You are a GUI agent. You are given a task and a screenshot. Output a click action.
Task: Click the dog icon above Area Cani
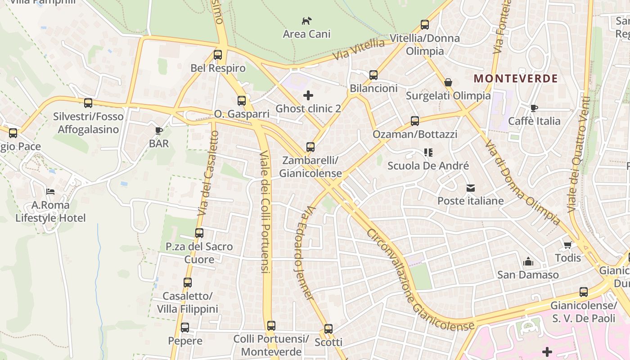(306, 21)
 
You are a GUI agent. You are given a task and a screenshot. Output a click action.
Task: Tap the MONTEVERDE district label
(516, 79)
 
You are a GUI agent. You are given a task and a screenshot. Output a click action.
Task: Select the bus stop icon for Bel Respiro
(218, 55)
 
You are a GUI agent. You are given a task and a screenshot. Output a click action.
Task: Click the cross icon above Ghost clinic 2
(308, 95)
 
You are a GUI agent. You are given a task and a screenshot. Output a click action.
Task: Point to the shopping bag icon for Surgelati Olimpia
(448, 82)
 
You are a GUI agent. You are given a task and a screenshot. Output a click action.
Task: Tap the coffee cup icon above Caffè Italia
(534, 108)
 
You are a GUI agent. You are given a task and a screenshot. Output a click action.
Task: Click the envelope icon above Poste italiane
(471, 188)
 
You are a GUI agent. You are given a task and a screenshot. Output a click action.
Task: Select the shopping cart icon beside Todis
(567, 245)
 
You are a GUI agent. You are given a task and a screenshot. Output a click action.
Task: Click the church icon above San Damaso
(528, 261)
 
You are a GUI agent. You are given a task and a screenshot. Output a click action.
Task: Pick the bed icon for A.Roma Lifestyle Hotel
(50, 192)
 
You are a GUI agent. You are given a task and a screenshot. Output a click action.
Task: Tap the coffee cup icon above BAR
(158, 130)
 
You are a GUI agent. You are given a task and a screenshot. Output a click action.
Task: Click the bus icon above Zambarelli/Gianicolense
(310, 147)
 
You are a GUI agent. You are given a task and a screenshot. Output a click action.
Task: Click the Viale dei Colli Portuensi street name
(264, 211)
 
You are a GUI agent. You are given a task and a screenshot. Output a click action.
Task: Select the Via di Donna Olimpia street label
(522, 182)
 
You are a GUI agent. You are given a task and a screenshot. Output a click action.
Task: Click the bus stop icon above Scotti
(328, 329)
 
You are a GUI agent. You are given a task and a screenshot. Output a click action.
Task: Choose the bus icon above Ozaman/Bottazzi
(415, 121)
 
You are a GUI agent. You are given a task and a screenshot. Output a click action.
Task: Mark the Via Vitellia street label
(359, 50)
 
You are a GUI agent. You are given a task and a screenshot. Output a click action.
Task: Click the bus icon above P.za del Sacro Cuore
(199, 233)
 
